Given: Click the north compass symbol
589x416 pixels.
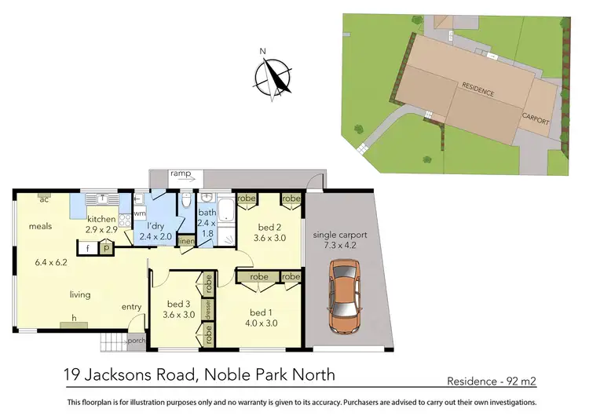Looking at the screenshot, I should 273,77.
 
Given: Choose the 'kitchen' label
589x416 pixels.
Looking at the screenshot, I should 102,219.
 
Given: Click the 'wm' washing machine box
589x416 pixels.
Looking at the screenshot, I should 139,213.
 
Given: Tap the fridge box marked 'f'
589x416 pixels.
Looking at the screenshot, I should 89,247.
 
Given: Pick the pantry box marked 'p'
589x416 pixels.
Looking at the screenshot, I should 106,247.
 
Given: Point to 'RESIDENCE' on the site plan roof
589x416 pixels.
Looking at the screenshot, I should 478,90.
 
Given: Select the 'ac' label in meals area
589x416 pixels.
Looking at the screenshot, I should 45,199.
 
